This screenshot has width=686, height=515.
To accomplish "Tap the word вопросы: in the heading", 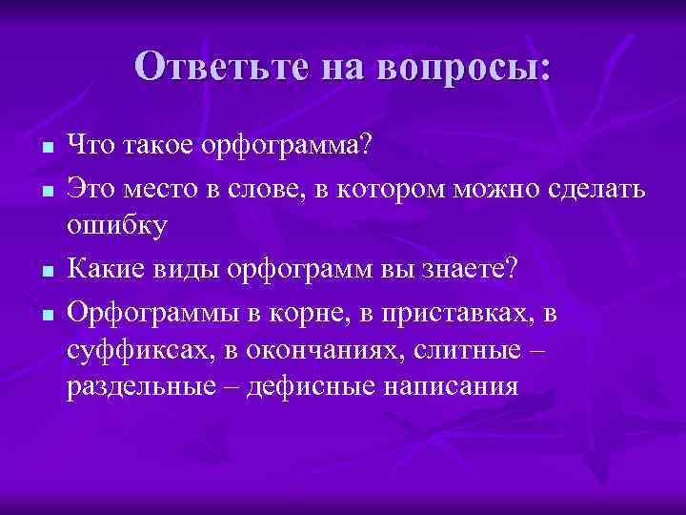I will [x=466, y=67].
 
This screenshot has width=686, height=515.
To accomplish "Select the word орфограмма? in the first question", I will [x=287, y=145].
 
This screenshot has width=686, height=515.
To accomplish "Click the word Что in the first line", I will [x=89, y=145].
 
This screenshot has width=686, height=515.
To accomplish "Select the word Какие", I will [x=102, y=269].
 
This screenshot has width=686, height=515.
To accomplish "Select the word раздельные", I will [x=142, y=386].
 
